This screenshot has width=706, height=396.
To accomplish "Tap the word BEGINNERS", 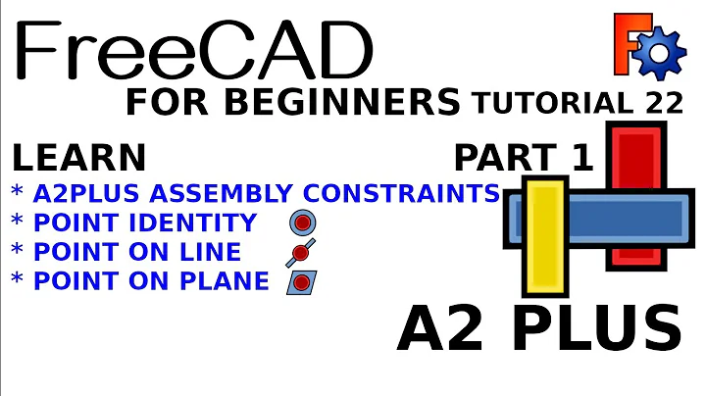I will pyautogui.click(x=370, y=102).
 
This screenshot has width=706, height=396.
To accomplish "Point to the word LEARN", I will pyautogui.click(x=78, y=157).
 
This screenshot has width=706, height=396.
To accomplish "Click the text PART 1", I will pyautogui.click(x=525, y=157).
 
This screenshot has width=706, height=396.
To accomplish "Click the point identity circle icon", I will pyautogui.click(x=301, y=223).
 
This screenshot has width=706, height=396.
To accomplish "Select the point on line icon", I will pyautogui.click(x=301, y=253).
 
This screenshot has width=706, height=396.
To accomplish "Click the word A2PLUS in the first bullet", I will pyautogui.click(x=87, y=192).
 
